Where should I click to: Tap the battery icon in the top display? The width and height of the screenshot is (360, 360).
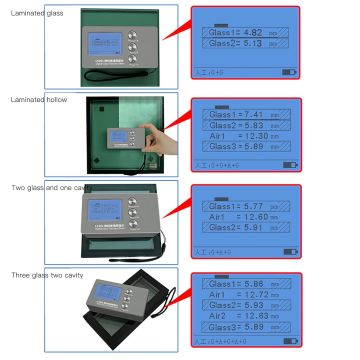(289, 72)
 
